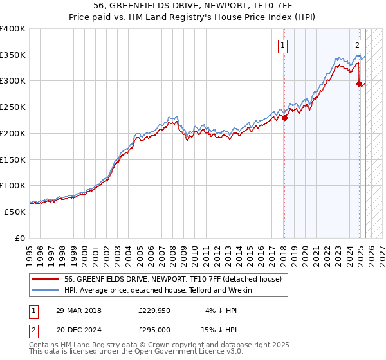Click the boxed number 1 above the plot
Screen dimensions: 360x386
pyautogui.click(x=283, y=45)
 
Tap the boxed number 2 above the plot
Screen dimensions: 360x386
pyautogui.click(x=357, y=45)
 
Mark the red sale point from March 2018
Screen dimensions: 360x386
pyautogui.click(x=284, y=118)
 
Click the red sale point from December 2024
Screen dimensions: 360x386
pyautogui.click(x=359, y=84)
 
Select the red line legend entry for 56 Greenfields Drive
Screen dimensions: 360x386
pyautogui.click(x=172, y=280)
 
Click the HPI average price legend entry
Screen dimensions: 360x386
pyautogui.click(x=158, y=290)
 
